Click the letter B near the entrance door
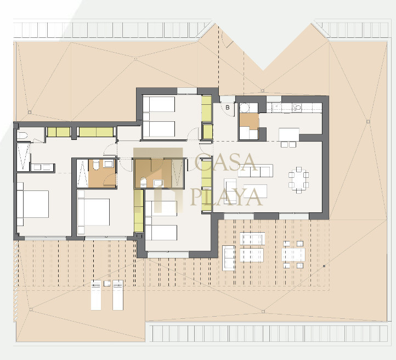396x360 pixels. coord(228,108)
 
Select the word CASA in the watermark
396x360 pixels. coord(226,162)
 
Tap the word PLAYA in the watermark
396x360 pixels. coord(227,197)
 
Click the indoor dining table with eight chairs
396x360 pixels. coord(299,180)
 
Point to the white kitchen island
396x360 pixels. coord(289,134)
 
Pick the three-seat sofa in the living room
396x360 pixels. coord(256,171)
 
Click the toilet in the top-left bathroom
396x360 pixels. coord(22,136)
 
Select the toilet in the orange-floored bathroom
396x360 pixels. coord(96,165)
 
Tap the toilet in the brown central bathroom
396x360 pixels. coord(143,182)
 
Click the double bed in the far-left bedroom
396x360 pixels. coord(33,204)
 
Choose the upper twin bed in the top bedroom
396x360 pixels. coord(159,104)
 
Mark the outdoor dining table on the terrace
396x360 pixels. coord(293,255)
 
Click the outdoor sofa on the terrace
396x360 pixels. coord(229,258)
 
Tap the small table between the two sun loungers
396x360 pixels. coord(107,284)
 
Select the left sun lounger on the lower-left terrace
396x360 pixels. coord(96,295)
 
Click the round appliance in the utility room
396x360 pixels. coord(245,108)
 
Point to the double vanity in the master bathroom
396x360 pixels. coord(42,167)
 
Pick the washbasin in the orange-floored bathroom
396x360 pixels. coord(109,164)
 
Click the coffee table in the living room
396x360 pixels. coord(256,191)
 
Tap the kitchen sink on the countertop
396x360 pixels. coord(297,108)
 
